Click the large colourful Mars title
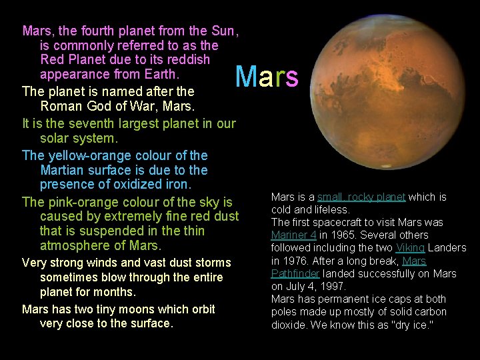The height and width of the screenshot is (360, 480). (x=267, y=77)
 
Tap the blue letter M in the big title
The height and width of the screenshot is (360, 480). (x=246, y=77)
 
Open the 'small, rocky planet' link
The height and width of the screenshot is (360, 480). (x=361, y=197)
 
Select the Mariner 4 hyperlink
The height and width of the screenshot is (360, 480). (x=293, y=235)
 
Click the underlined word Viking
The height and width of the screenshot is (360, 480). (x=410, y=248)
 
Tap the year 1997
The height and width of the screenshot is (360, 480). (x=329, y=287)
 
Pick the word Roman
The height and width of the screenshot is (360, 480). (x=59, y=106)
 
